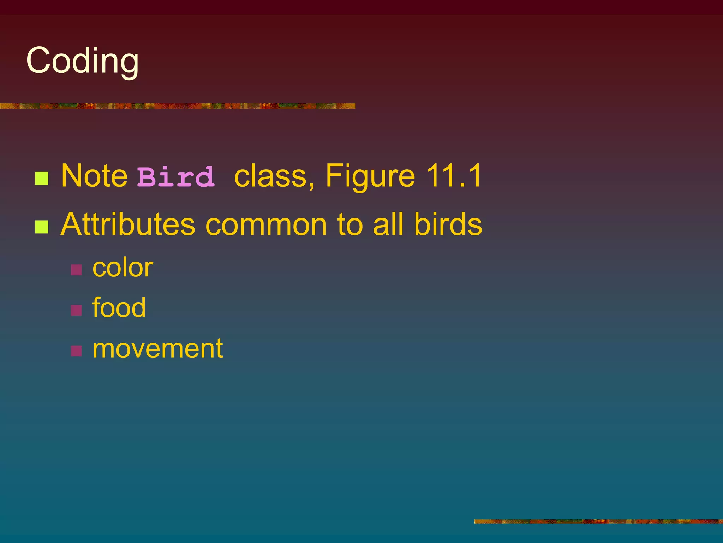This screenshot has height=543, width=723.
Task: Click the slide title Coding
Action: [x=83, y=61]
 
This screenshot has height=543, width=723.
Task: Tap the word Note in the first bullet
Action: [x=94, y=176]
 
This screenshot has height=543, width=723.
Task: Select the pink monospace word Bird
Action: [x=176, y=177]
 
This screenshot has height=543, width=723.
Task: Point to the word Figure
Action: [x=370, y=176]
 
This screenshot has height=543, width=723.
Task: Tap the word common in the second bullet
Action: [x=266, y=225]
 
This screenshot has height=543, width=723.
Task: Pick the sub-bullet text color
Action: [x=123, y=268]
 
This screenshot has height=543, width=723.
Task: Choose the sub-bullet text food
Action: [x=119, y=308]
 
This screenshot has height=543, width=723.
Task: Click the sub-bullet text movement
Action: [x=157, y=349]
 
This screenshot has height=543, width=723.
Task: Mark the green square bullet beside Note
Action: [x=42, y=179]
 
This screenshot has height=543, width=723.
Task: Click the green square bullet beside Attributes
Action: [x=42, y=227]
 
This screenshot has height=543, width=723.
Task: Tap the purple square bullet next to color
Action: [x=76, y=270]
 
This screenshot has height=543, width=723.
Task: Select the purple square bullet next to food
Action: [x=76, y=310]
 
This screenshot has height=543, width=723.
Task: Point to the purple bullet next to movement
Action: [x=76, y=351]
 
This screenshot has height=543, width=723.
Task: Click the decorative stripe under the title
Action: [x=177, y=106]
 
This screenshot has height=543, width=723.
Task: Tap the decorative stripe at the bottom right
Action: [x=598, y=521]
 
